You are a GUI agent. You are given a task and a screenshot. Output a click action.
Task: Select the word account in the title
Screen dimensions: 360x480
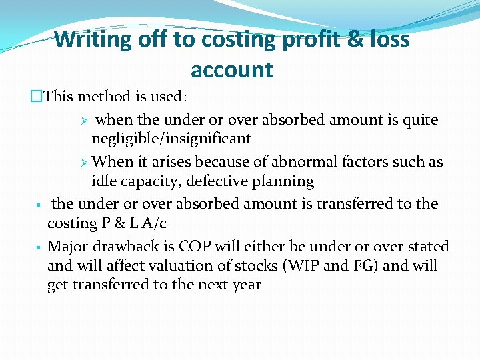(x=231, y=69)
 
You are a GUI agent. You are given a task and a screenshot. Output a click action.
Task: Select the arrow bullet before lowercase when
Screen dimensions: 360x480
(x=84, y=121)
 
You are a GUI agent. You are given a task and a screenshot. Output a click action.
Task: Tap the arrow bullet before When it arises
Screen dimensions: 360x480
(x=84, y=162)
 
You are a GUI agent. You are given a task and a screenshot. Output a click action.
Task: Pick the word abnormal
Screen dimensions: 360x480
(x=313, y=162)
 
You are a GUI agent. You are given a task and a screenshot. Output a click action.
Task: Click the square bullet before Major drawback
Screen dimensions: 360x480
(x=39, y=247)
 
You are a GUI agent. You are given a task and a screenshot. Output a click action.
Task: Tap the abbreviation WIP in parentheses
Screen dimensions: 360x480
(x=305, y=266)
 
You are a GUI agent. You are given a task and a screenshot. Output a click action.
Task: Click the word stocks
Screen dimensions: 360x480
(x=257, y=266)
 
